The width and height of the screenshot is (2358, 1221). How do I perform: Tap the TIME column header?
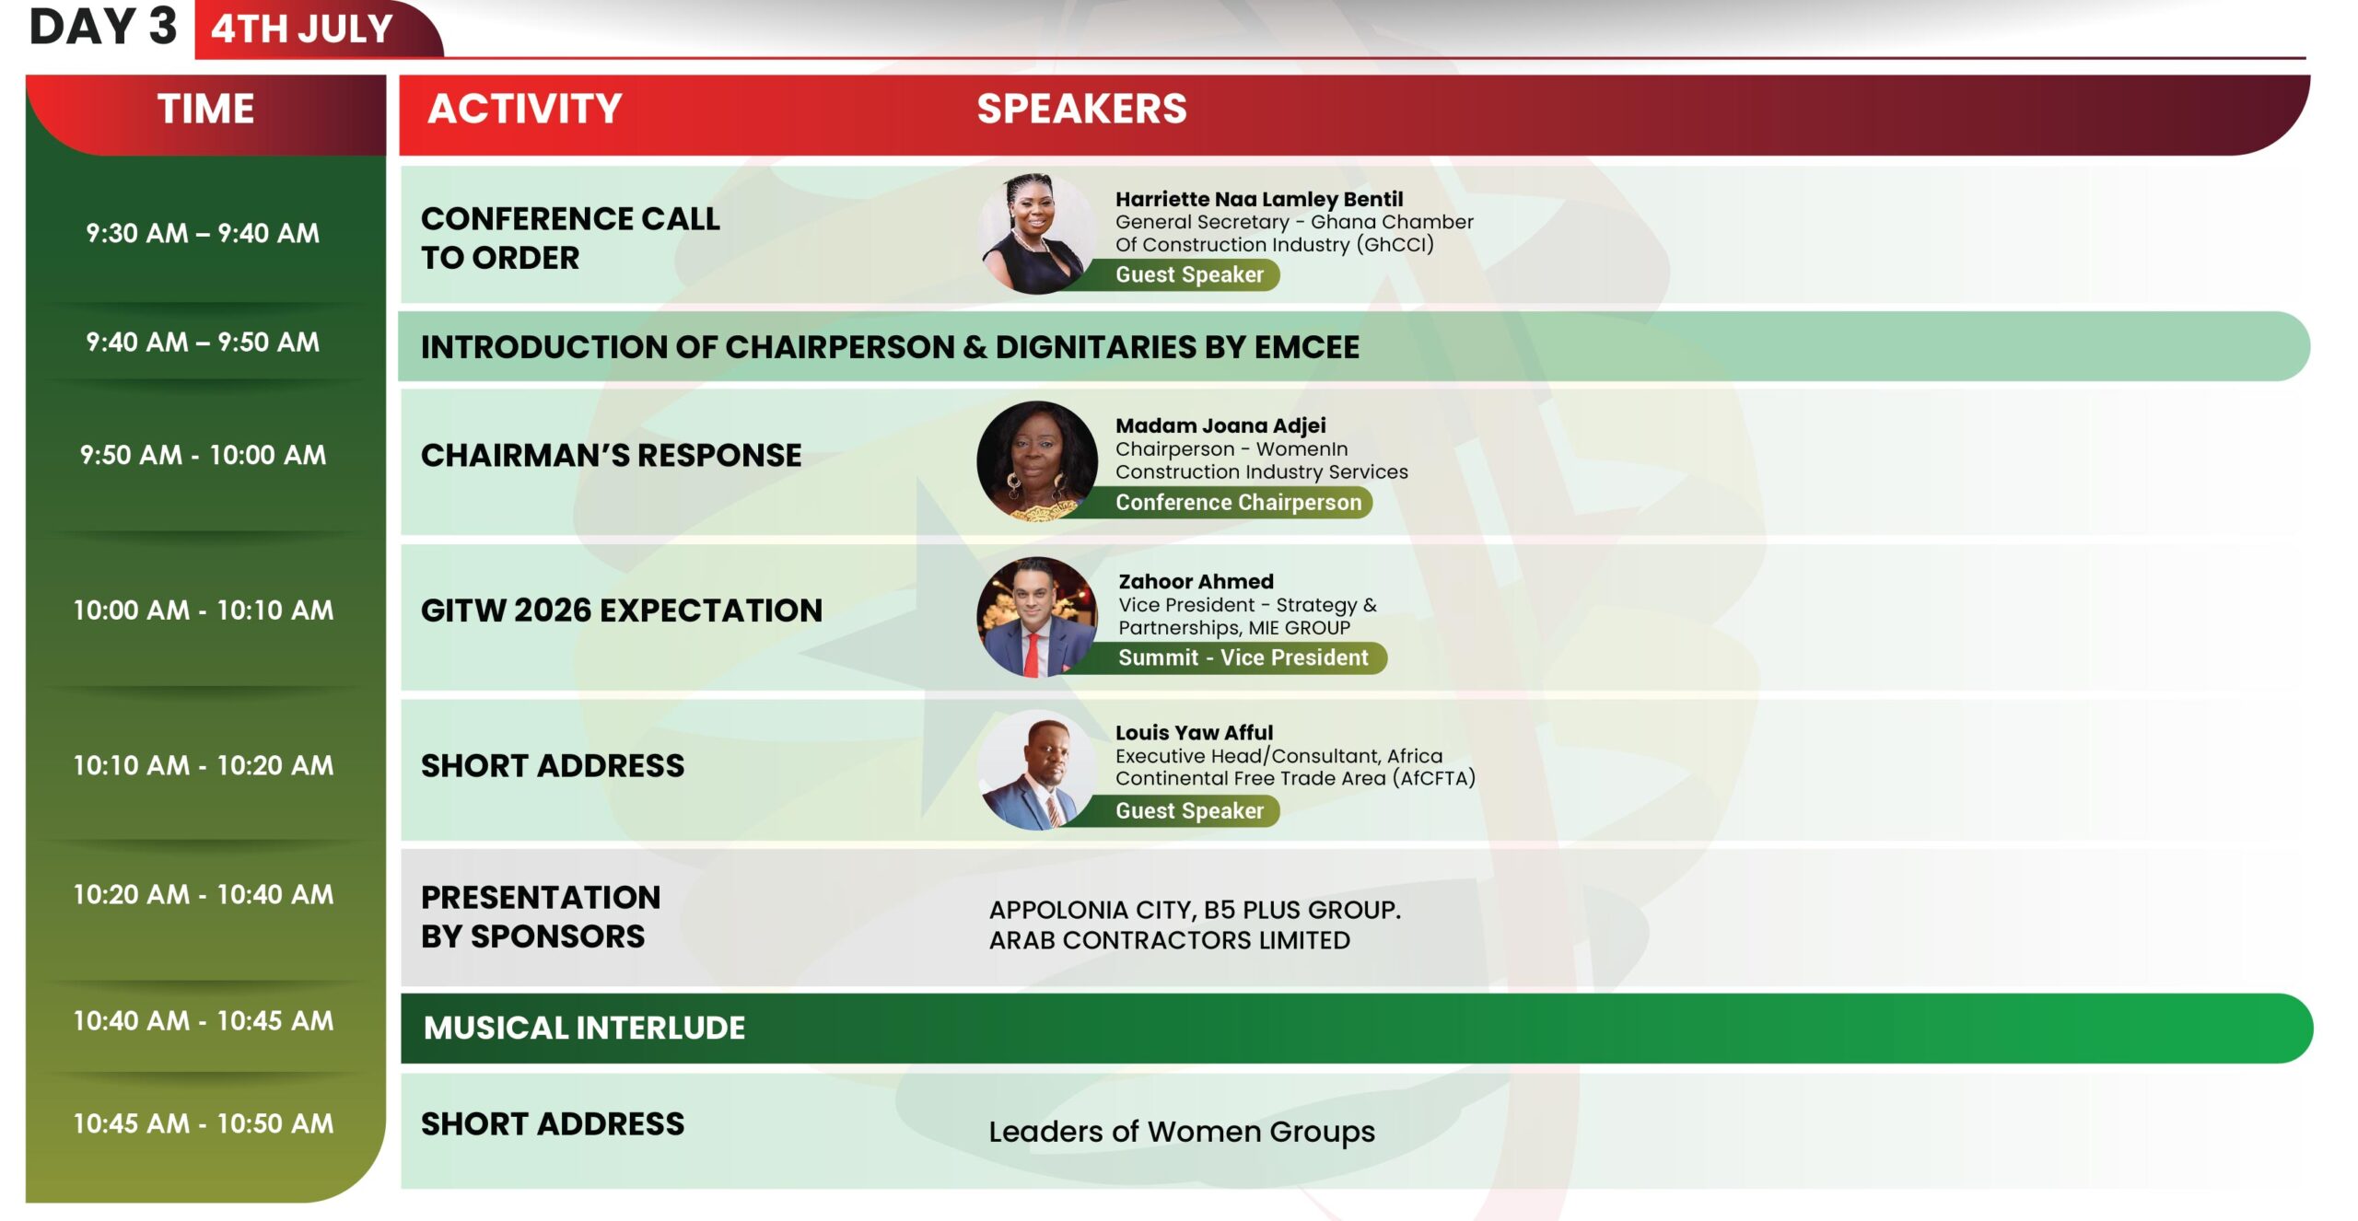pos(205,109)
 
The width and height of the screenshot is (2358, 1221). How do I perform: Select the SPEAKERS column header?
pos(1081,109)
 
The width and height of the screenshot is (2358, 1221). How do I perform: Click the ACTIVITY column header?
pos(525,109)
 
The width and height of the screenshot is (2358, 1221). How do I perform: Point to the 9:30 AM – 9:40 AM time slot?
pos(203,233)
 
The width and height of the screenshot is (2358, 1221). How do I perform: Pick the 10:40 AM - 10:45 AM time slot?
pos(204,1020)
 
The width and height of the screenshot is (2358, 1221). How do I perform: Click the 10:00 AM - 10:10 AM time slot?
pos(204,610)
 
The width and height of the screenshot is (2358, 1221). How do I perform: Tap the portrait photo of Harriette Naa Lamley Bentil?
pos(1036,234)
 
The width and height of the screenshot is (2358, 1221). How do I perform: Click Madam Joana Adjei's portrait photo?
pos(1036,460)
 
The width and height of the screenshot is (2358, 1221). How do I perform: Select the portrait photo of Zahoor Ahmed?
pos(1036,616)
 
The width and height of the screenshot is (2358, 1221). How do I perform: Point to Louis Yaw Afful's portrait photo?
pos(1036,770)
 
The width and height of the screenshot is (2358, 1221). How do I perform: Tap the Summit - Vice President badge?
pos(1234,657)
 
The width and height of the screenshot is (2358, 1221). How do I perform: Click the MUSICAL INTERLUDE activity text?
pos(584,1028)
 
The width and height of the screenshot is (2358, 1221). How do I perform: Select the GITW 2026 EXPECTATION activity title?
pos(622,610)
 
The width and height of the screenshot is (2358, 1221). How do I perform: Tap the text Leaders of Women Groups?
pos(1182,1132)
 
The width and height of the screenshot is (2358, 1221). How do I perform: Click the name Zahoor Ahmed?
pos(1196,581)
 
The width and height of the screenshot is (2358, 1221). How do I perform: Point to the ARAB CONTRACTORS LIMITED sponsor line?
pos(1170,940)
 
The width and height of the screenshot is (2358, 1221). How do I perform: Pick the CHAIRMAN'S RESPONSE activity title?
pos(611,455)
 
